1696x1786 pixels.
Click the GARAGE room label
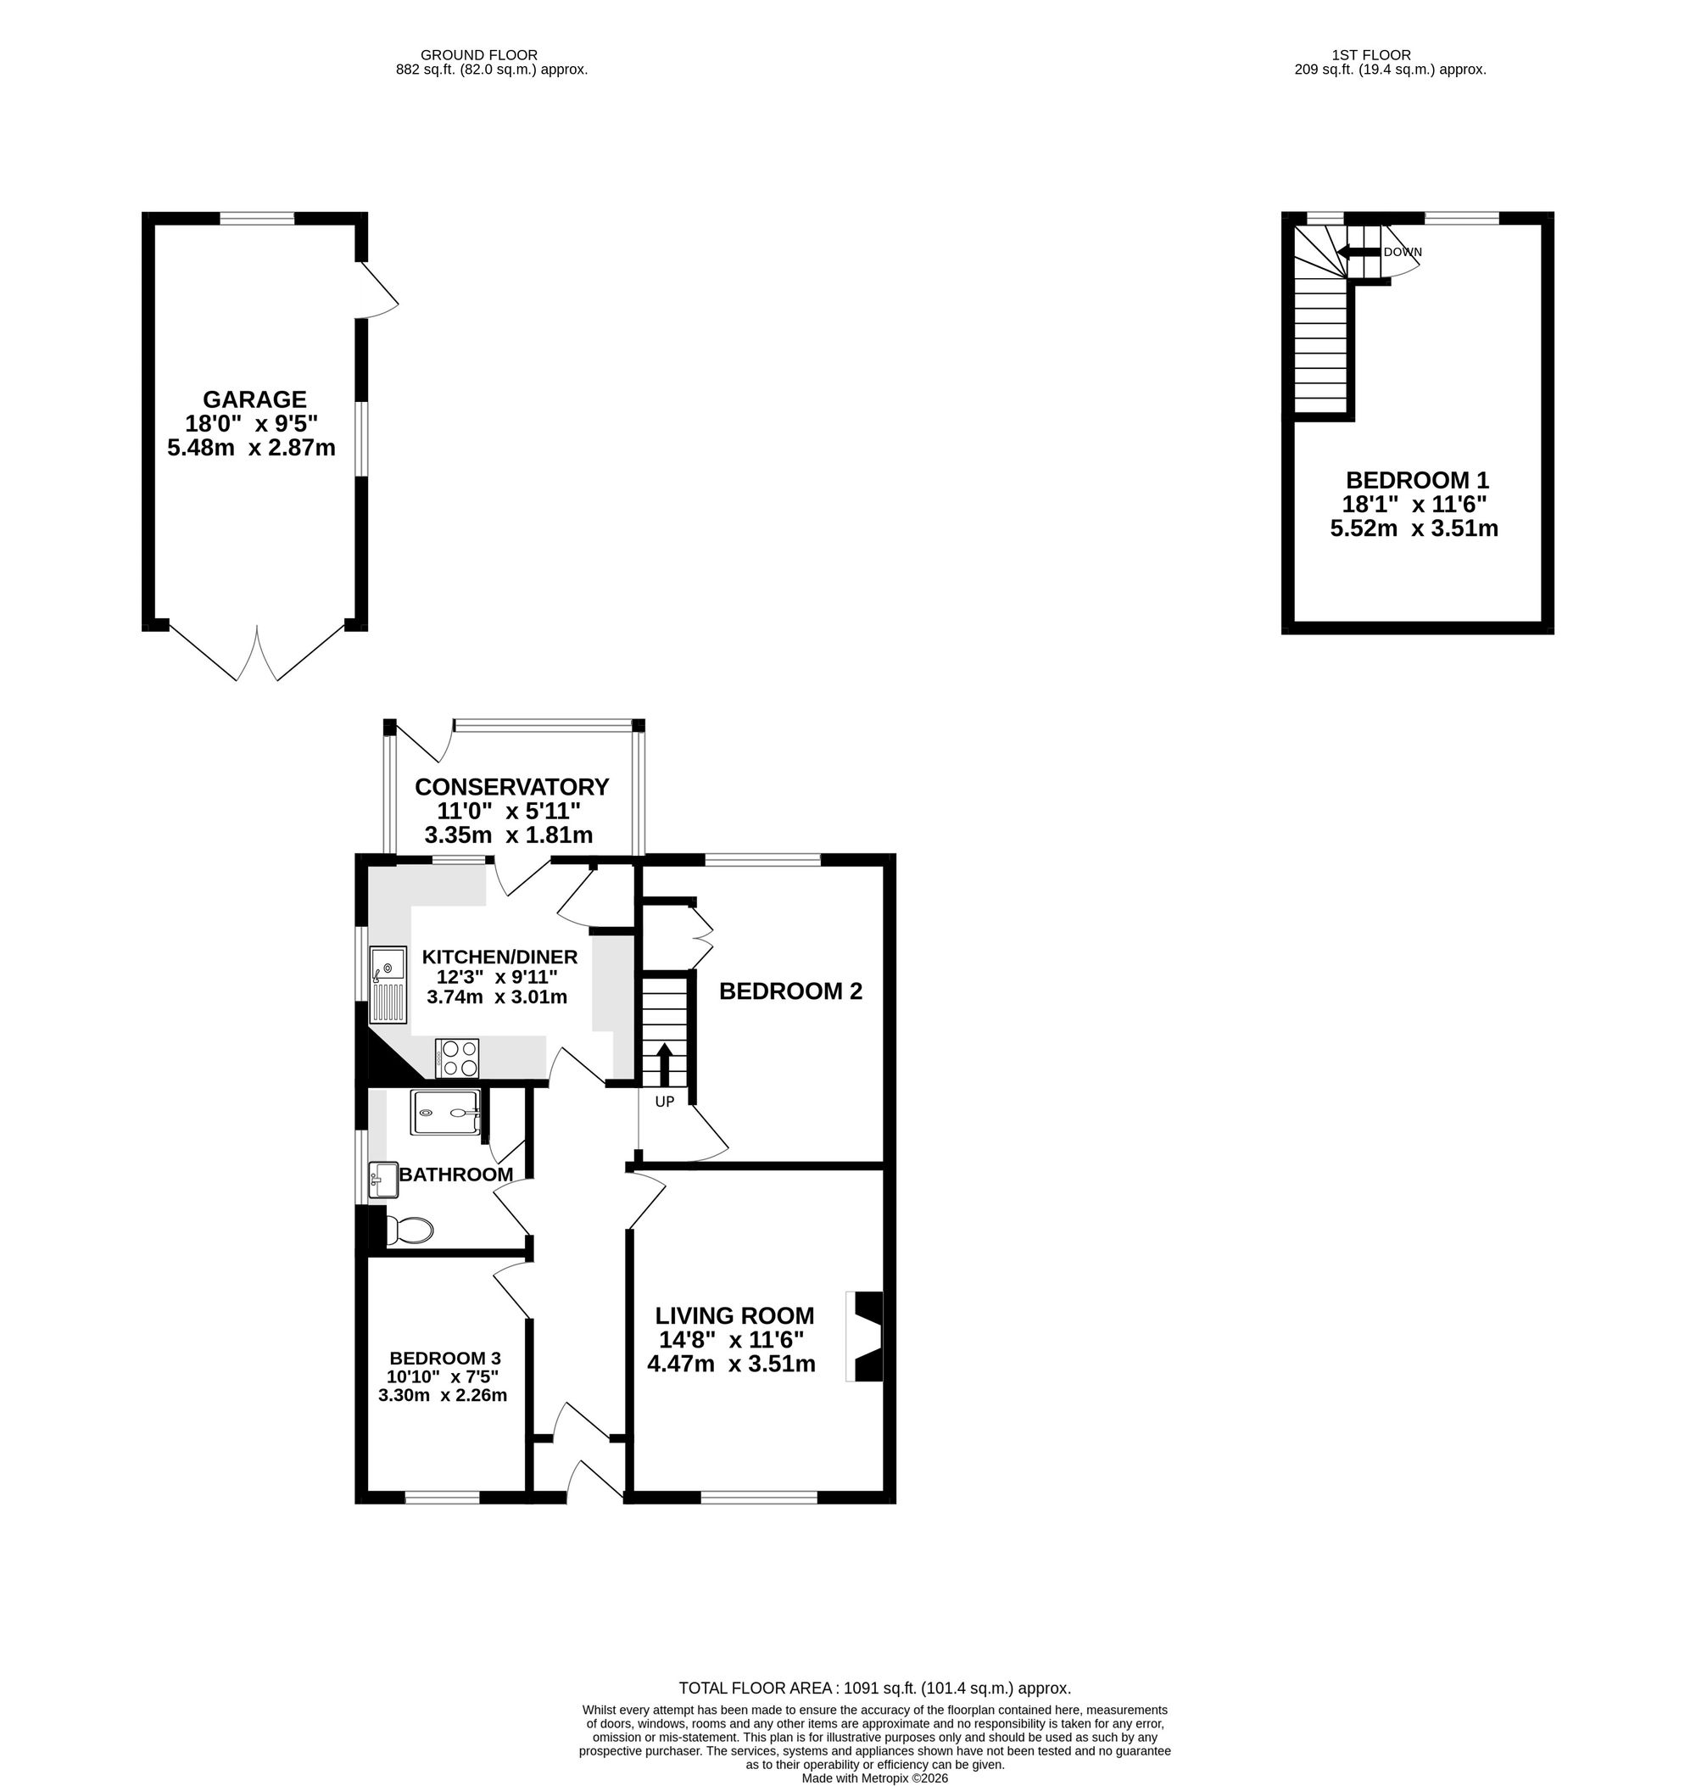tap(255, 399)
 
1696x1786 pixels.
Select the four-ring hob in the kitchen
tap(457, 1059)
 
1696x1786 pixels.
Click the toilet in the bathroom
tap(409, 1230)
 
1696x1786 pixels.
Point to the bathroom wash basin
tap(383, 1179)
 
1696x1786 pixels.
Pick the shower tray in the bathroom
tap(445, 1113)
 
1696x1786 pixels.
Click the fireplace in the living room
tap(864, 1336)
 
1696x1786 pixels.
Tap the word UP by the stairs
tap(665, 1102)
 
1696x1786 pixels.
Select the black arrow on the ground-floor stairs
tap(665, 1063)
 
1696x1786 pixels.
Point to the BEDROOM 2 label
tap(790, 991)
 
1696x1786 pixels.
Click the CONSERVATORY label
tap(511, 787)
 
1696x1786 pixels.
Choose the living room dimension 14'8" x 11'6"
tap(731, 1339)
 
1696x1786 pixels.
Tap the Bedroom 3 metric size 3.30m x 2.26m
tap(443, 1394)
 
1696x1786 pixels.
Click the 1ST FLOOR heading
tap(1370, 55)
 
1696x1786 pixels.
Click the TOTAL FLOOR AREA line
tap(875, 1688)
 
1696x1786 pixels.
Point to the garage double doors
tap(257, 652)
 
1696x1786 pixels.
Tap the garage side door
tap(379, 289)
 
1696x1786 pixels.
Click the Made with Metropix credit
tap(875, 1778)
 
